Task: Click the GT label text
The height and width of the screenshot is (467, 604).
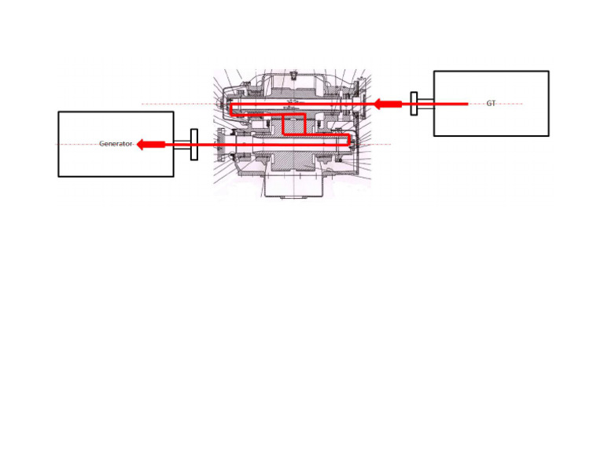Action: pyautogui.click(x=491, y=104)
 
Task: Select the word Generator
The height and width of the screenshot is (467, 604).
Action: pyautogui.click(x=116, y=144)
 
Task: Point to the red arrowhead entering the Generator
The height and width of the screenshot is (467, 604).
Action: pyautogui.click(x=145, y=144)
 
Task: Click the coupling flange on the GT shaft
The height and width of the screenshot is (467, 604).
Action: pyautogui.click(x=414, y=104)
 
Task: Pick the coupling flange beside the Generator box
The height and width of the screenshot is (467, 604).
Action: pyautogui.click(x=194, y=144)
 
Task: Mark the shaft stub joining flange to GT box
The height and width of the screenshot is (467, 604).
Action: pyautogui.click(x=425, y=104)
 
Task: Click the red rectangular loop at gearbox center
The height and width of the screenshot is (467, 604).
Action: pyautogui.click(x=293, y=124)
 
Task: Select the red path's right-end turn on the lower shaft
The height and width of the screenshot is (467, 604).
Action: pyautogui.click(x=348, y=139)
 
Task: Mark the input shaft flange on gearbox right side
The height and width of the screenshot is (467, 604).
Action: pyautogui.click(x=363, y=102)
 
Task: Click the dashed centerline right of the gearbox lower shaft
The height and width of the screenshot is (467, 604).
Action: pyautogui.click(x=381, y=144)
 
